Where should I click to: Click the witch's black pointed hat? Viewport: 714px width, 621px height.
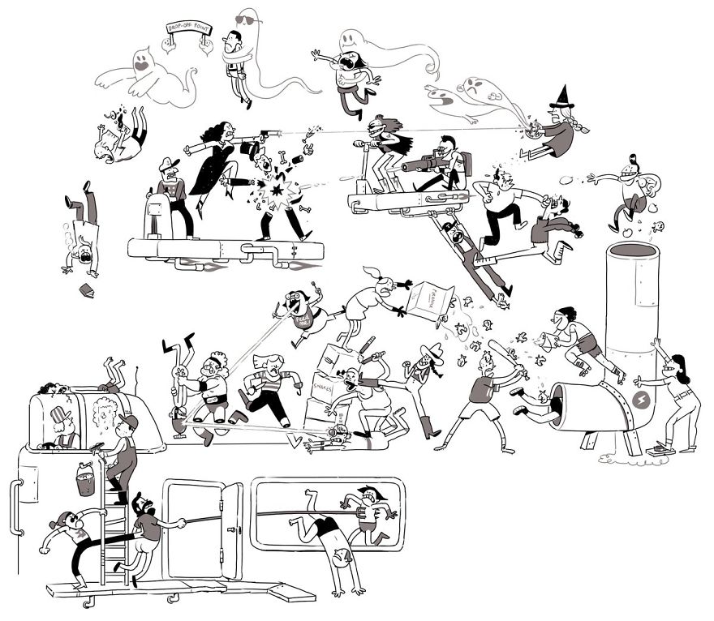(561, 99)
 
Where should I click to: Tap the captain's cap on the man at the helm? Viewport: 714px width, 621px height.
(167, 163)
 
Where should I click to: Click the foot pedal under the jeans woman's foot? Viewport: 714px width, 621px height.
(661, 447)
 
